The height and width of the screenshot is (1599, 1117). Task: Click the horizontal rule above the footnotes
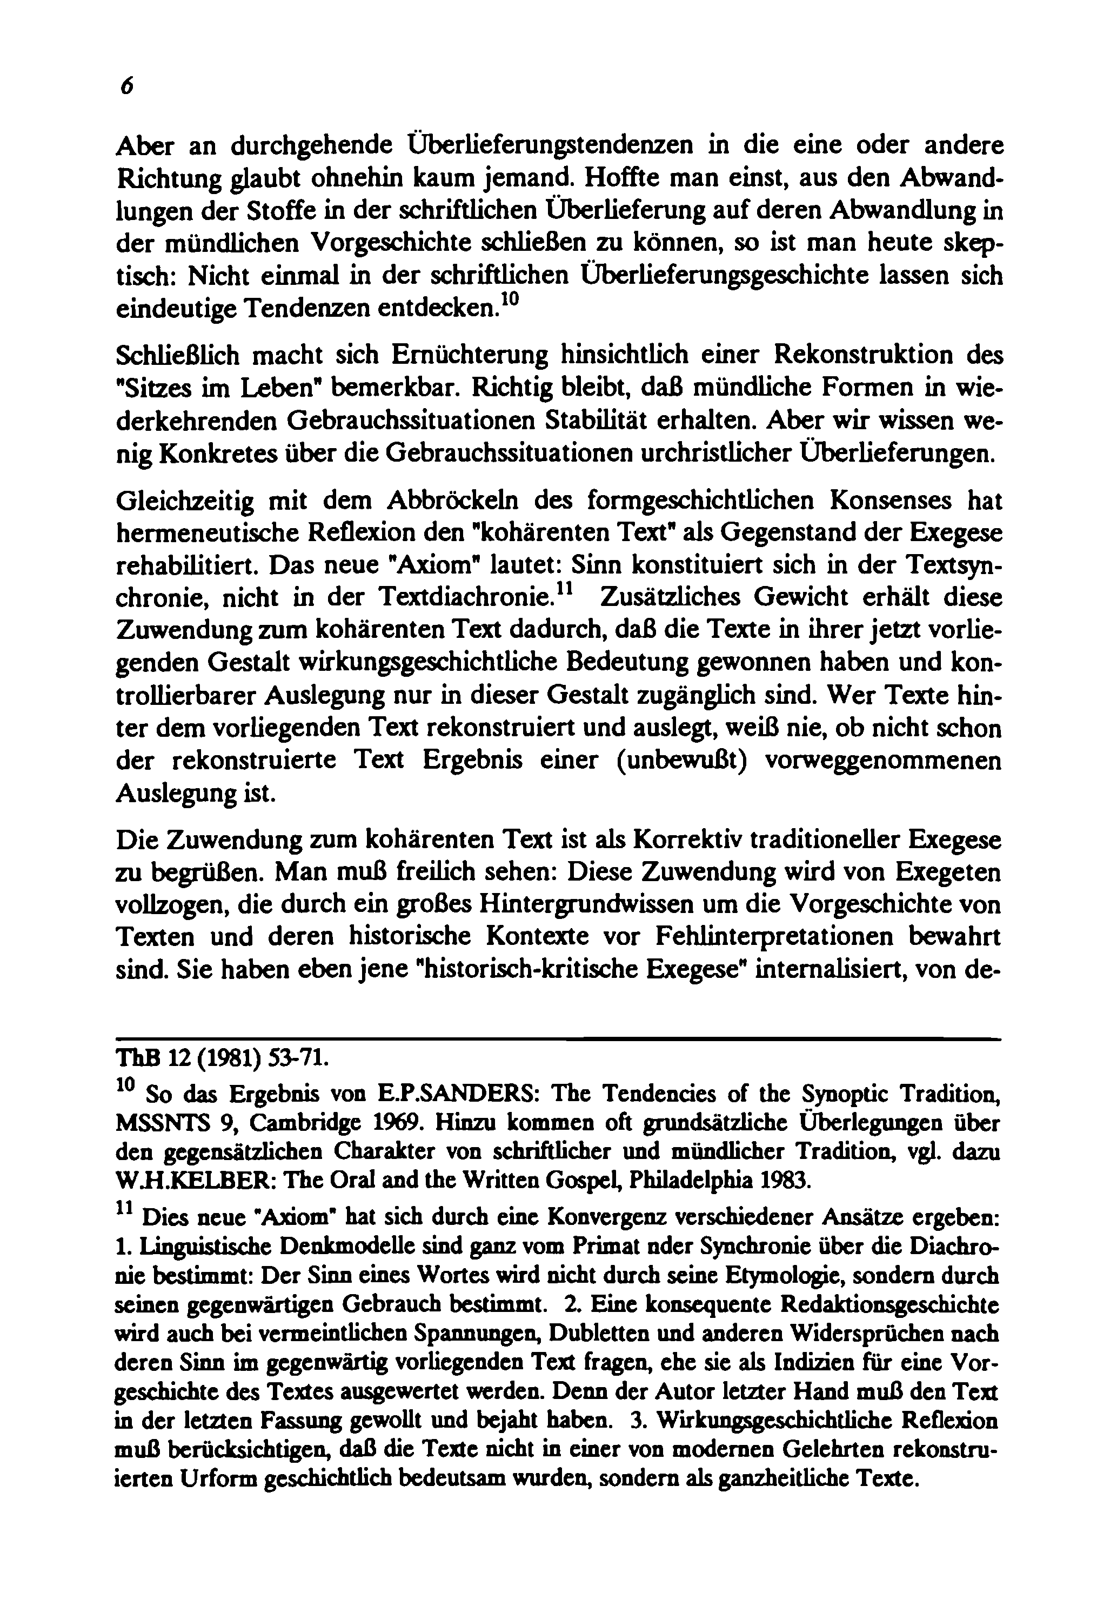click(557, 1040)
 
